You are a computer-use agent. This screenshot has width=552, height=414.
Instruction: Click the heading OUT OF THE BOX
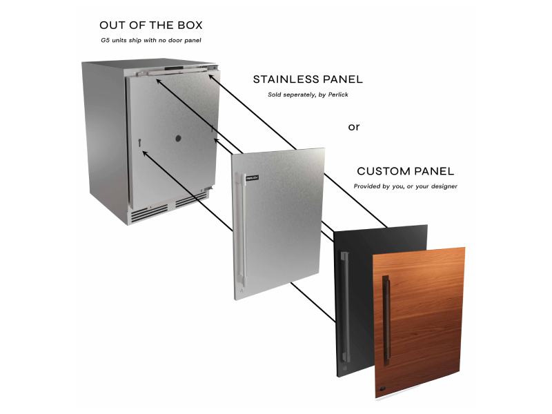tap(151, 26)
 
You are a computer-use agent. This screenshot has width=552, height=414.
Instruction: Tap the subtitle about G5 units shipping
tap(151, 41)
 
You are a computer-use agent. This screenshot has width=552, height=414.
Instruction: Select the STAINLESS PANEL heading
tap(308, 79)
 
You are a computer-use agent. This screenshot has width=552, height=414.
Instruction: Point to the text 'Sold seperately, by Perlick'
tap(308, 95)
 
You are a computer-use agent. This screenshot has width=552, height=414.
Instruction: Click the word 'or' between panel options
tap(354, 127)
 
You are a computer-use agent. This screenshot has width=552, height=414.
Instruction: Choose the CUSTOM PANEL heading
tap(406, 171)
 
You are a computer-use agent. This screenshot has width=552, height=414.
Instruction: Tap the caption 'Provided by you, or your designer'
tap(406, 186)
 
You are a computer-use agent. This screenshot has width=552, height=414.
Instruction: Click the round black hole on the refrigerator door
tap(178, 139)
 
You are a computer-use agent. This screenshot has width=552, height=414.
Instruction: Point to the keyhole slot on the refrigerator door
tap(140, 142)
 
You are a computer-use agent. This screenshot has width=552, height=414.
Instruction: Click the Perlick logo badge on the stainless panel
tap(253, 178)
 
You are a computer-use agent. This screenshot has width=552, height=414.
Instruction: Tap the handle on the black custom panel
tap(344, 307)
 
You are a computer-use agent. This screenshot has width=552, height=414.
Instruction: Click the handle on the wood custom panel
tap(386, 321)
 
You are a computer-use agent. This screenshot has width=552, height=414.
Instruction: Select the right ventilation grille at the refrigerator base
tap(191, 199)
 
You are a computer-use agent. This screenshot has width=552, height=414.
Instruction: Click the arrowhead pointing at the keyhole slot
tap(145, 153)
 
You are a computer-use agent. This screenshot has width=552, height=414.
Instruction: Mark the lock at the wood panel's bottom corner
tap(383, 388)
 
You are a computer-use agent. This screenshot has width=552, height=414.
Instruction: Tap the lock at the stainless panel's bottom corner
tap(241, 290)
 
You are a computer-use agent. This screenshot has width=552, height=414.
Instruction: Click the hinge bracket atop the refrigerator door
tap(176, 71)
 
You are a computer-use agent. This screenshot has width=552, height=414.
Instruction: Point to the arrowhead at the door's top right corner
tap(211, 77)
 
